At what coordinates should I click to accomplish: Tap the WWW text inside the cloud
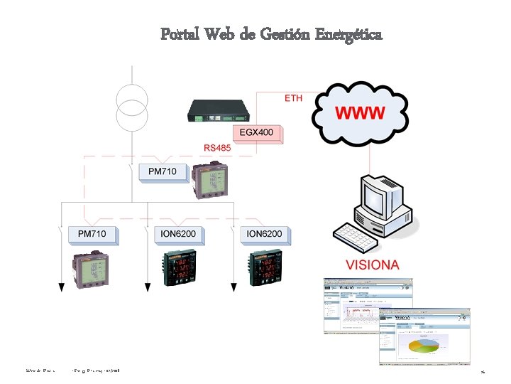(x=360, y=112)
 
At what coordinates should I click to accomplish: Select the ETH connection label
(x=293, y=97)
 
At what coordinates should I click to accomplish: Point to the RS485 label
(x=217, y=148)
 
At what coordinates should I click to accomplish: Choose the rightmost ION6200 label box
(x=263, y=233)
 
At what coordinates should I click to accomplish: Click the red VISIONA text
(x=372, y=265)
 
